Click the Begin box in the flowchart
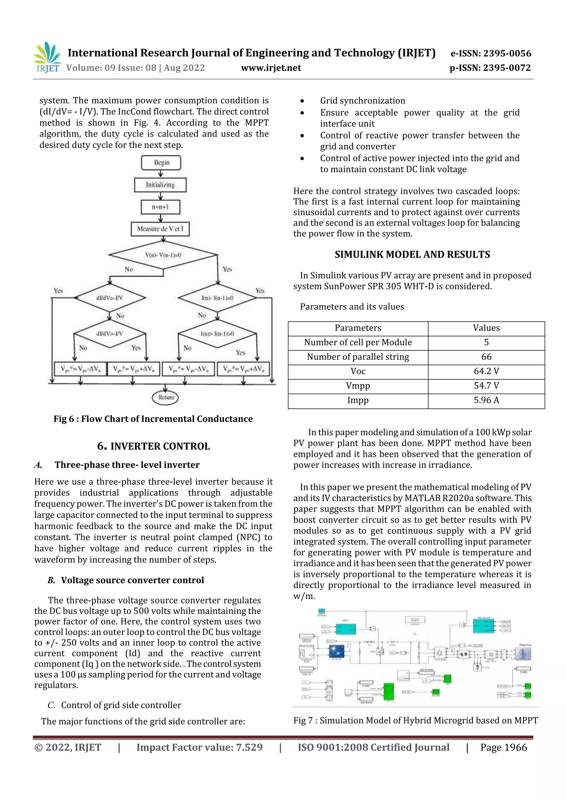pyautogui.click(x=161, y=163)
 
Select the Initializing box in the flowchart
pyautogui.click(x=160, y=185)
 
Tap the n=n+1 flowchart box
pyautogui.click(x=160, y=207)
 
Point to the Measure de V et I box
pyautogui.click(x=160, y=229)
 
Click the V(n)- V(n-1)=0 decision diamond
pyautogui.click(x=163, y=255)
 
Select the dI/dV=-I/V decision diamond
pyautogui.click(x=110, y=298)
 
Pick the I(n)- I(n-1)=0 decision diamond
pyautogui.click(x=217, y=298)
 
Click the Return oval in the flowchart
pyautogui.click(x=166, y=398)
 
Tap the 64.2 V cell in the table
pyautogui.click(x=486, y=371)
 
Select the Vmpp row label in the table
pyautogui.click(x=358, y=386)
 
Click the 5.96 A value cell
pyautogui.click(x=486, y=400)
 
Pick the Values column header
pyautogui.click(x=486, y=328)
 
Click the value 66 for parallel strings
pyautogui.click(x=486, y=357)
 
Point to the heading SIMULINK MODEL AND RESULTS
pyautogui.click(x=412, y=255)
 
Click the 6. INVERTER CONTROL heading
pyautogui.click(x=153, y=446)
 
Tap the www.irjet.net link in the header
pyautogui.click(x=271, y=68)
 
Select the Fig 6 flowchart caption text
pyautogui.click(x=153, y=419)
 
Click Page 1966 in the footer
pyautogui.click(x=504, y=747)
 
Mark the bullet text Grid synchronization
pyautogui.click(x=363, y=101)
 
